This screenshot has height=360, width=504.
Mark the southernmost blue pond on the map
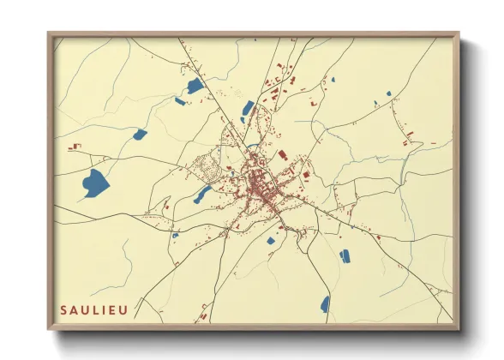tap(325, 303)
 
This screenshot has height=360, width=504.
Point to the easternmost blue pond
tap(389, 93)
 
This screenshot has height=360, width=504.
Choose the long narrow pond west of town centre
tap(202, 195)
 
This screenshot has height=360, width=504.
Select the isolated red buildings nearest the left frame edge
tap(75, 147)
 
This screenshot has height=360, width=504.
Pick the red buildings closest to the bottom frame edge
tap(203, 316)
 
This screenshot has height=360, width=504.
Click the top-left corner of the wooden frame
tap(49, 34)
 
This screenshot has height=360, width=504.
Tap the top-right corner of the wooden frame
tap(459, 34)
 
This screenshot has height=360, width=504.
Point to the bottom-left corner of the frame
tap(49, 329)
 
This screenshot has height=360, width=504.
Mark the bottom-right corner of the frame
tap(459, 329)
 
